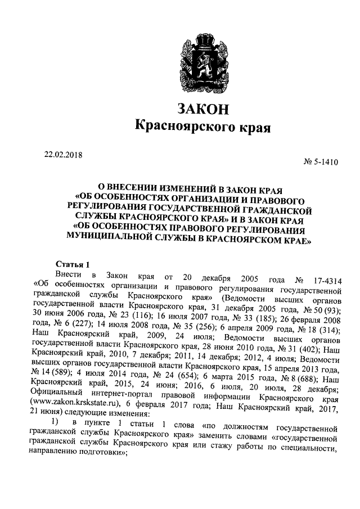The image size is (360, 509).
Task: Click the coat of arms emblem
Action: point(203,61)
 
